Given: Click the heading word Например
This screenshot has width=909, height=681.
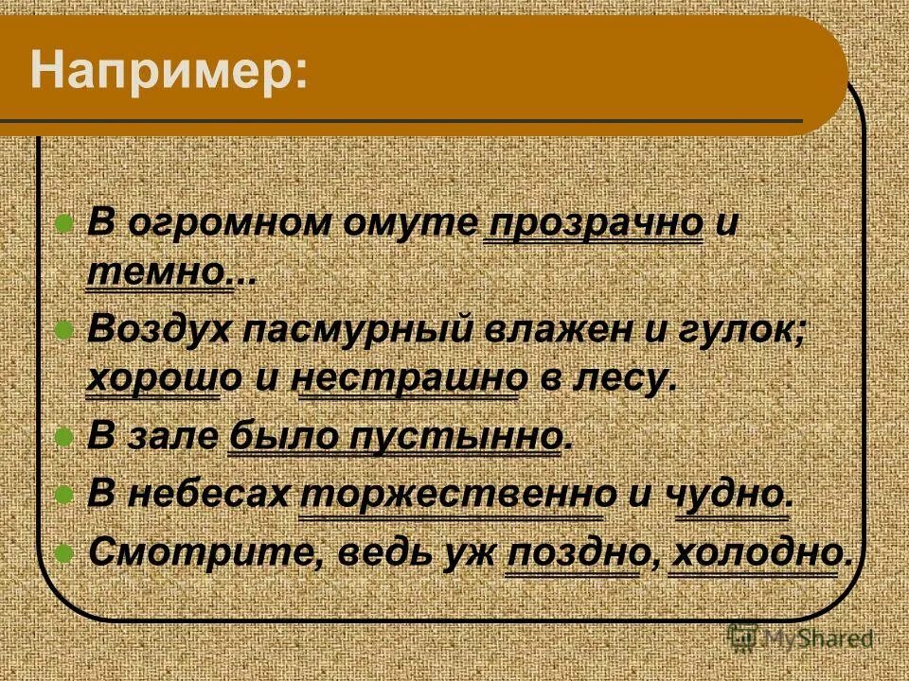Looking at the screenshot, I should [169, 73].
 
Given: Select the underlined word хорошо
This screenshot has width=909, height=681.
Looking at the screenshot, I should [152, 380].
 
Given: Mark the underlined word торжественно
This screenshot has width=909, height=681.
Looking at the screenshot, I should [451, 494].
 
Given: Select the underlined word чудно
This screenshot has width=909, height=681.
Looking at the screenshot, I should [732, 494].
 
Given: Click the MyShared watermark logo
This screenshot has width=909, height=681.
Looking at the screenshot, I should [800, 638].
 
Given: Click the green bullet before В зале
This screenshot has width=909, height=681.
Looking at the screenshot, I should [65, 438].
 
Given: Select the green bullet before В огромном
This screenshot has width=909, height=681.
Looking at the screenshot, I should [65, 225].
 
